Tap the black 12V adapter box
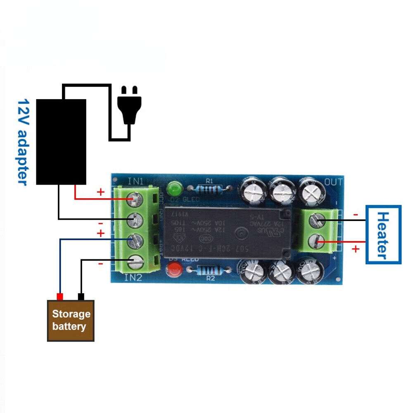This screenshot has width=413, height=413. (x=61, y=142)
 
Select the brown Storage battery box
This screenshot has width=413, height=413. (x=71, y=320)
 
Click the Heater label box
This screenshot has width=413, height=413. (x=383, y=234)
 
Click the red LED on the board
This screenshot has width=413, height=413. (x=174, y=271)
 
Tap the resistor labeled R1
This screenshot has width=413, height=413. (x=210, y=189)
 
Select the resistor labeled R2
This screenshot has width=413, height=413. (x=210, y=271)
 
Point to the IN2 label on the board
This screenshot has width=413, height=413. (x=133, y=278)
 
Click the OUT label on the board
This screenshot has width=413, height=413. (x=333, y=182)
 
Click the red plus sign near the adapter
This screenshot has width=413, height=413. (x=100, y=192)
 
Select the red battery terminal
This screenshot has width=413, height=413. (x=60, y=297)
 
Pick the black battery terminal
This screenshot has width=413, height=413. (x=81, y=297)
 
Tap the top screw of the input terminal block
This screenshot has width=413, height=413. (x=134, y=198)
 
